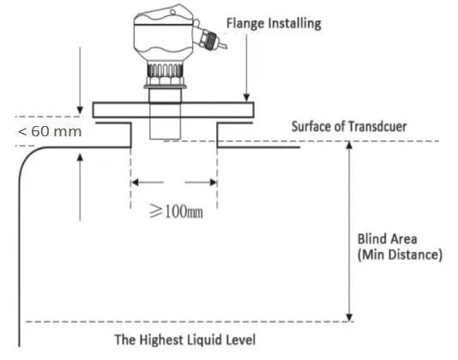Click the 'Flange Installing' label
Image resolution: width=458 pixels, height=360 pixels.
click(274, 24)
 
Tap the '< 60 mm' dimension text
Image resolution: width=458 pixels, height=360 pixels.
click(50, 131)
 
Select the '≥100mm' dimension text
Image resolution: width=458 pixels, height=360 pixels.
click(176, 211)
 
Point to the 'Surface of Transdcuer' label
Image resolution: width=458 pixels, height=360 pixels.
click(349, 126)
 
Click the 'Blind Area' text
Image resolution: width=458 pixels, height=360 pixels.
click(387, 239)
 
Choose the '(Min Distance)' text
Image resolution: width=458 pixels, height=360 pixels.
click(400, 255)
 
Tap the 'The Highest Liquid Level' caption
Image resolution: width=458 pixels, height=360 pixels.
click(185, 339)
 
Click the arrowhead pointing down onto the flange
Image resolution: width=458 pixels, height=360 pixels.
click(246, 98)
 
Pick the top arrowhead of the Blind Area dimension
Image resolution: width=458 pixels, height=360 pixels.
click(349, 145)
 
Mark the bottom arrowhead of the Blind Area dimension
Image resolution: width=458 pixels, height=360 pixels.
click(349, 318)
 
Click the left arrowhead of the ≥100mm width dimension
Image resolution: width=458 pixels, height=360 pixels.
click(135, 183)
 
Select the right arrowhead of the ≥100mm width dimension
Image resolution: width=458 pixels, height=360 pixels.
click(213, 183)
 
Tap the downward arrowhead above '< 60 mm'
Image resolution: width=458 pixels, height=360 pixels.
click(80, 110)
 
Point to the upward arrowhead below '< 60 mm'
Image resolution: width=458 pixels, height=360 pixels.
click(80, 158)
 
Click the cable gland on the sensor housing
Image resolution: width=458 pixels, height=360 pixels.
click(210, 39)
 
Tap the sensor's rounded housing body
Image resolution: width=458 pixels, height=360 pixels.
click(164, 33)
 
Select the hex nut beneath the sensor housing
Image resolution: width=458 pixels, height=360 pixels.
click(165, 80)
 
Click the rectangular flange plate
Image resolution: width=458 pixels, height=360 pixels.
click(173, 110)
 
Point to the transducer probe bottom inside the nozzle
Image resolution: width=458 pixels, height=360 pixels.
click(165, 138)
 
